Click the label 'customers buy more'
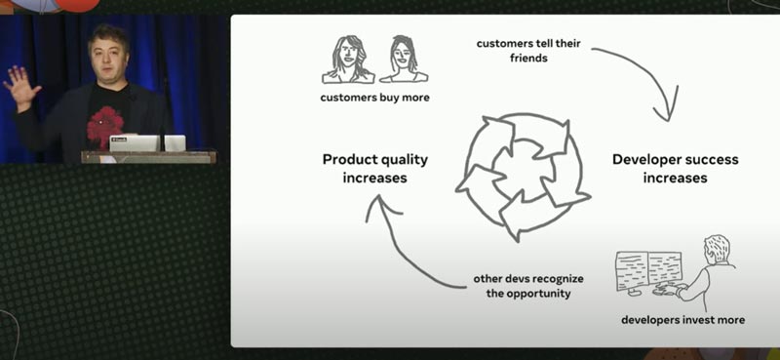[x=374, y=98]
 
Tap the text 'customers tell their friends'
[x=528, y=51]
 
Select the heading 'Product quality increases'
[x=375, y=169]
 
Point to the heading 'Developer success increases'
[x=675, y=169]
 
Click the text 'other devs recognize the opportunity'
[x=528, y=286]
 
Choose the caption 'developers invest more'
[x=683, y=320]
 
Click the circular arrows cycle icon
[x=523, y=177]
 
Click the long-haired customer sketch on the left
[x=348, y=60]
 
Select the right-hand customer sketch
[x=404, y=60]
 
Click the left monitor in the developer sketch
[x=632, y=270]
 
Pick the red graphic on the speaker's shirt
[x=105, y=127]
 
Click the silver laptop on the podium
[x=136, y=143]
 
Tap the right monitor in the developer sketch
[x=665, y=269]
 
